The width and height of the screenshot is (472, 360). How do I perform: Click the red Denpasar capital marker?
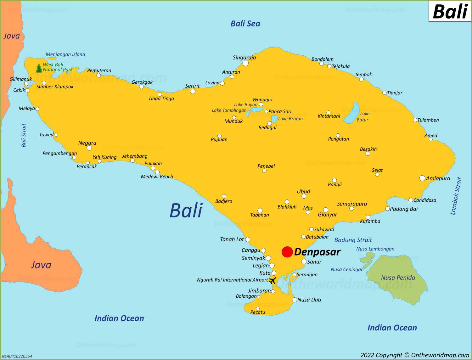click(287, 252)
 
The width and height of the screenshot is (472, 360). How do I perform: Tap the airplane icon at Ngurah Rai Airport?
click(273, 280)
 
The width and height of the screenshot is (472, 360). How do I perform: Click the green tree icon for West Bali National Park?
click(39, 68)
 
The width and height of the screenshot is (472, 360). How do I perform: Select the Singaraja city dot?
click(245, 63)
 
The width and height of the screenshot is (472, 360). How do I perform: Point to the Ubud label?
click(303, 191)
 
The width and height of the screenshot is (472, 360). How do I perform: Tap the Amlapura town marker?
click(422, 178)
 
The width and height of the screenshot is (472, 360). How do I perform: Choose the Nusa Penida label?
click(398, 278)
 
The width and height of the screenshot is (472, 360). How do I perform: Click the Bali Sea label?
click(245, 24)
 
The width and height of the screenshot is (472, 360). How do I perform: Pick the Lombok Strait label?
click(456, 196)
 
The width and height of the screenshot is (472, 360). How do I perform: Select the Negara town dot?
click(89, 148)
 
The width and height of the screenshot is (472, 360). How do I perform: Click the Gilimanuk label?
click(20, 79)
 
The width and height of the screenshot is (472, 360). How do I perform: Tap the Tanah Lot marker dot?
click(248, 239)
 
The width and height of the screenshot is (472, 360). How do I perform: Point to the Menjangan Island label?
click(65, 54)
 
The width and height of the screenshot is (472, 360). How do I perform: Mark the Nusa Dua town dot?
click(295, 300)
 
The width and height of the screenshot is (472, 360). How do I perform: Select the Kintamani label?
click(329, 116)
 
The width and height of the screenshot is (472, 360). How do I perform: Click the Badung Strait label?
click(353, 240)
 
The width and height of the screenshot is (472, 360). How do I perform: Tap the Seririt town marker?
click(193, 91)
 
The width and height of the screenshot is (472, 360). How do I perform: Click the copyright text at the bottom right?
click(415, 355)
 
